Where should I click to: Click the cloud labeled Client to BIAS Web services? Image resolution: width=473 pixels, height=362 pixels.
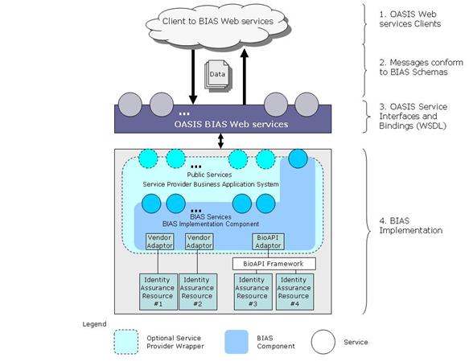pyautogui.click(x=218, y=26)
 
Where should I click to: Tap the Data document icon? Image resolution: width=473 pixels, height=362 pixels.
pyautogui.click(x=219, y=76)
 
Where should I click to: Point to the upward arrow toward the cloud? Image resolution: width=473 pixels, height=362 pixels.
pyautogui.click(x=245, y=77)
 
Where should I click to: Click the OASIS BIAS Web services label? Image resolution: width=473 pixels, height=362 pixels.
pyautogui.click(x=231, y=124)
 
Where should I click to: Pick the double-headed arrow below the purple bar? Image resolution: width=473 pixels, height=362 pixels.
pyautogui.click(x=220, y=141)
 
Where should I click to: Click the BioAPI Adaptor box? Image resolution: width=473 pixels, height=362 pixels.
pyautogui.click(x=268, y=241)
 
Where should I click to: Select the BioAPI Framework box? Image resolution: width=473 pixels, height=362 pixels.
pyautogui.click(x=274, y=264)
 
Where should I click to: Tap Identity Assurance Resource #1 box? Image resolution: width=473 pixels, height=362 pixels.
pyautogui.click(x=158, y=292)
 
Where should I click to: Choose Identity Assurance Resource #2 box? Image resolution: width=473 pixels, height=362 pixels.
pyautogui.click(x=198, y=292)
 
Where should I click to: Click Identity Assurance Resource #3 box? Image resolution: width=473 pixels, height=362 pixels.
pyautogui.click(x=253, y=292)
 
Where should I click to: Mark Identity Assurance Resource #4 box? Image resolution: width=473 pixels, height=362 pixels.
pyautogui.click(x=294, y=292)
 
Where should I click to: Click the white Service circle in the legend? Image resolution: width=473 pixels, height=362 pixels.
pyautogui.click(x=323, y=342)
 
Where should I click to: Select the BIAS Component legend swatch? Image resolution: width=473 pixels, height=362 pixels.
pyautogui.click(x=236, y=342)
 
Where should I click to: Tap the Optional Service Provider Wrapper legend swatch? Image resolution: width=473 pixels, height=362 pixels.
pyautogui.click(x=126, y=342)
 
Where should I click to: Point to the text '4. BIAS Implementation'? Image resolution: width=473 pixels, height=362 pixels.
pyautogui.click(x=410, y=225)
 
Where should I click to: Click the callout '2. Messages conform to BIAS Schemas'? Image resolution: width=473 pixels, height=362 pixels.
pyautogui.click(x=422, y=68)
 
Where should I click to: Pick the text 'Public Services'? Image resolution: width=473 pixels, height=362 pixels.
pyautogui.click(x=209, y=175)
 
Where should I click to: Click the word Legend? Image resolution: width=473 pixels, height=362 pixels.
pyautogui.click(x=94, y=324)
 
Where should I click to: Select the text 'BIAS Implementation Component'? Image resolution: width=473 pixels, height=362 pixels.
pyautogui.click(x=211, y=224)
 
